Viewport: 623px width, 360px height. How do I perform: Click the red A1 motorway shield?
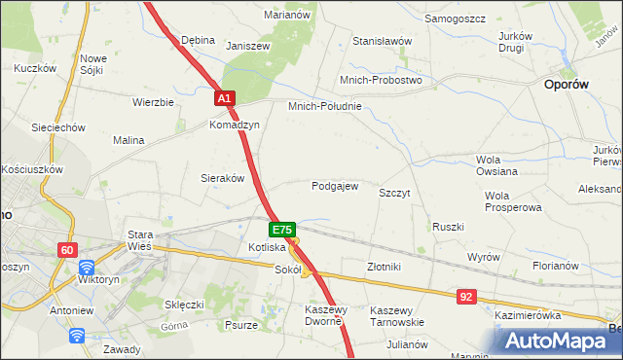pyautogui.click(x=224, y=99)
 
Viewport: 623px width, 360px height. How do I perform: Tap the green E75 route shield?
pyautogui.click(x=280, y=230)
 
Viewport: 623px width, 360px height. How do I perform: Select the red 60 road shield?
pyautogui.click(x=66, y=250)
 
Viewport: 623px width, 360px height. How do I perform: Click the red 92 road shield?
pyautogui.click(x=468, y=294)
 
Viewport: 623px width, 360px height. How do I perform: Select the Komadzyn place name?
pyautogui.click(x=234, y=126)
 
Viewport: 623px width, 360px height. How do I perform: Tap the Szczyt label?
pyautogui.click(x=394, y=194)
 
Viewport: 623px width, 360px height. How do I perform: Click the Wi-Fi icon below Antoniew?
pyautogui.click(x=77, y=336)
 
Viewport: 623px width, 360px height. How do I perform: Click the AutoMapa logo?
pyautogui.click(x=562, y=341)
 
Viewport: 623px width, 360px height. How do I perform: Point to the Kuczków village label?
pyautogui.click(x=33, y=69)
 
